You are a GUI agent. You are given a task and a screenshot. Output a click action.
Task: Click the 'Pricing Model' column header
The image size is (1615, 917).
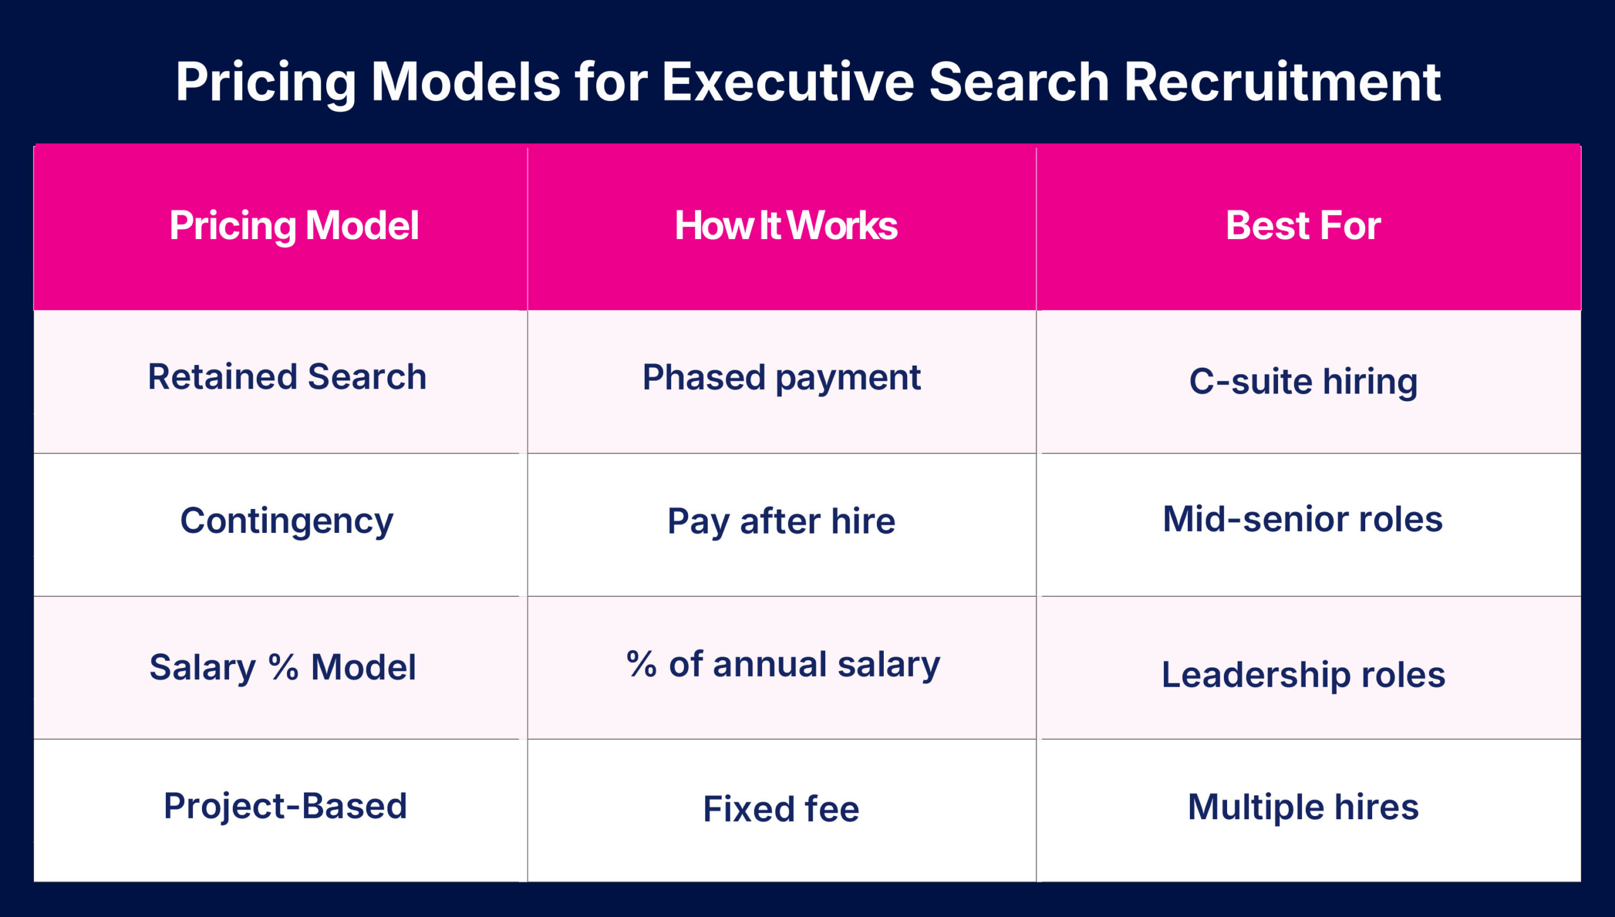tap(294, 226)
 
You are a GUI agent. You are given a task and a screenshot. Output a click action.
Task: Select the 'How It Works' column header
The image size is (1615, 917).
tap(786, 226)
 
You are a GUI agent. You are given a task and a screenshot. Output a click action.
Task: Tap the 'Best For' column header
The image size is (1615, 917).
tap(1303, 226)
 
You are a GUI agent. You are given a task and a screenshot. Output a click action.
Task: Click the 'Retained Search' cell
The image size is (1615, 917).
tap(287, 377)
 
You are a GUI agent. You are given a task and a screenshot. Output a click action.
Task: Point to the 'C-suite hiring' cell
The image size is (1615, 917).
tap(1303, 382)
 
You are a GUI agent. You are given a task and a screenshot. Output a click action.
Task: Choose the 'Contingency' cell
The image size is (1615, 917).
tap(287, 522)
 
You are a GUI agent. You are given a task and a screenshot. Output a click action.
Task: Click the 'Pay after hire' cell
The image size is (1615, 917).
tap(782, 522)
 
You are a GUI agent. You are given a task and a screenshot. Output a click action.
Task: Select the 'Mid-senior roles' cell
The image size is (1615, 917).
tap(1303, 519)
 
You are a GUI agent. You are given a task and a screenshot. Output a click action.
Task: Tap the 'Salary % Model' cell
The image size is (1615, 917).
tap(283, 667)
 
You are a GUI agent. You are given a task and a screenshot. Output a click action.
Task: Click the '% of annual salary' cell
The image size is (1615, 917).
tap(783, 665)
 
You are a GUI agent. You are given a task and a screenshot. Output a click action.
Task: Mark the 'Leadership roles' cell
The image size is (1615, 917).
tap(1303, 675)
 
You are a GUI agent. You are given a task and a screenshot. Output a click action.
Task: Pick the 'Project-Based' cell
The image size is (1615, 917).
tap(285, 807)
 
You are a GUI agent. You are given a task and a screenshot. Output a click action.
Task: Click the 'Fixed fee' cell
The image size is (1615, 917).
tap(782, 809)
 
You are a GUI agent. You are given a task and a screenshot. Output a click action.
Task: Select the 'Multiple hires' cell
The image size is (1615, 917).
tap(1303, 807)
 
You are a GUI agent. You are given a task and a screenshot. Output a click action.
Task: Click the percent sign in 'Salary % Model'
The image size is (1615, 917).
tap(283, 667)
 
